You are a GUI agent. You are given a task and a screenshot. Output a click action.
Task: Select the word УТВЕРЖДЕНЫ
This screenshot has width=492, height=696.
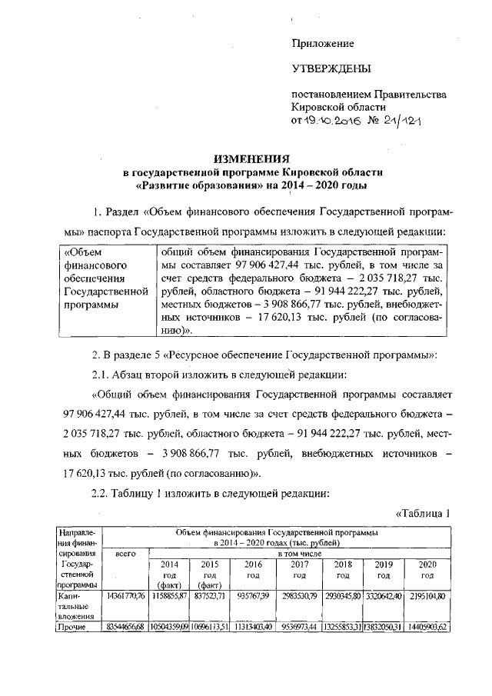(x=328, y=69)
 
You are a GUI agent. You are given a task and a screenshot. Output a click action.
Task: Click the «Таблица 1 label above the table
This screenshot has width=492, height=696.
(x=421, y=514)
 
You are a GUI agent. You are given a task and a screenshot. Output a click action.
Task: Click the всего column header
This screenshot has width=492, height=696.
(x=125, y=552)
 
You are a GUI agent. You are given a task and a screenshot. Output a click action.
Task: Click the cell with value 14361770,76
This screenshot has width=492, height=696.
(x=126, y=595)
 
